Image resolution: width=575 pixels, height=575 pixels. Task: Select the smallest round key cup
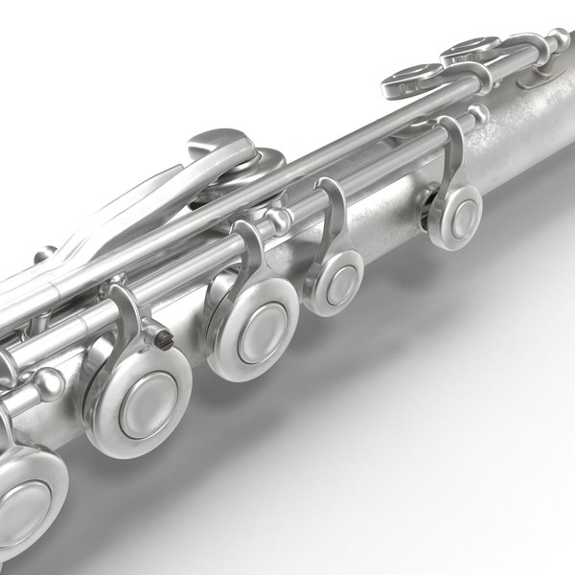click(x=453, y=217)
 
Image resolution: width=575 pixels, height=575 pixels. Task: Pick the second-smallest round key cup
click(x=333, y=282)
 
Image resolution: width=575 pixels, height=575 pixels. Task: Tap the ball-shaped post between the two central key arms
click(x=279, y=221)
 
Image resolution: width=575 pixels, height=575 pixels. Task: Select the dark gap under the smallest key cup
click(x=425, y=217)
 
